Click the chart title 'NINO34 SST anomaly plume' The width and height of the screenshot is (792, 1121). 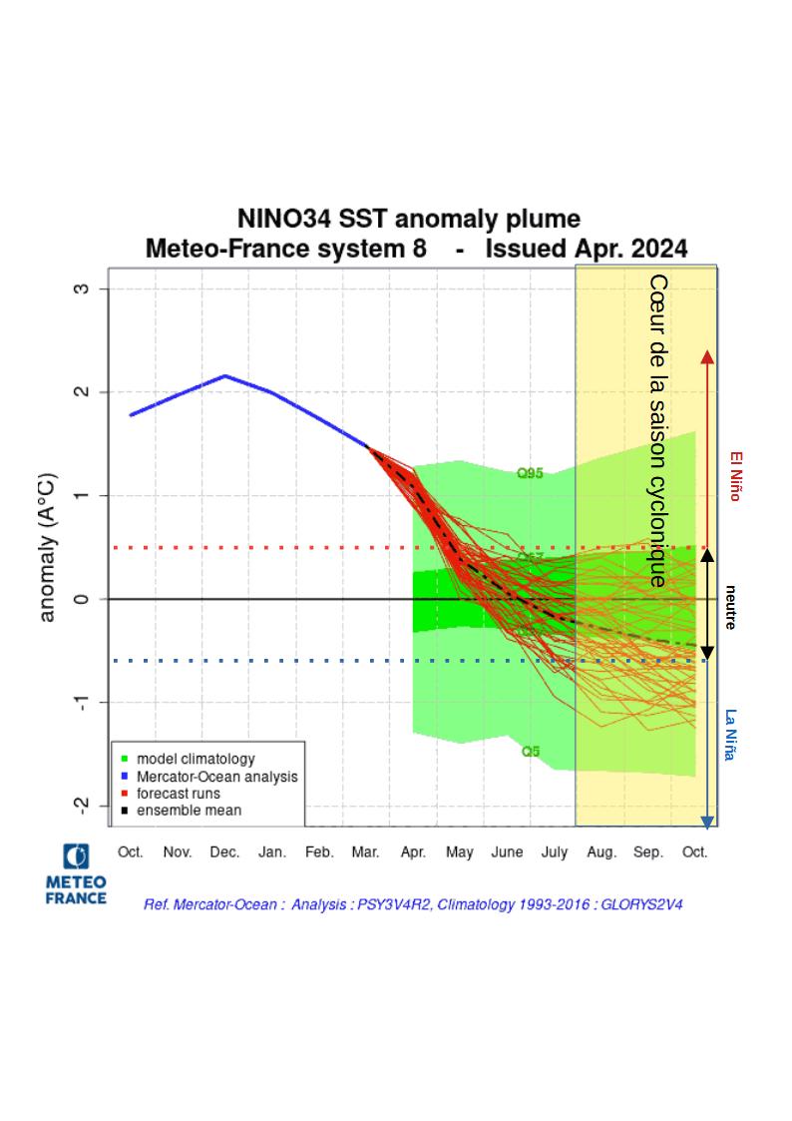408,219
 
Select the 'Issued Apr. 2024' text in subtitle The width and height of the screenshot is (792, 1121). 587,248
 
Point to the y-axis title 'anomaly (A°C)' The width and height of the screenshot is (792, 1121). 47,548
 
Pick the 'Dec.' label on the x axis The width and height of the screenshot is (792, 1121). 224,852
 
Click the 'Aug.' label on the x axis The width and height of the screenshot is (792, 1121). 600,852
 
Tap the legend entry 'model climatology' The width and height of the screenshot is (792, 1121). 195,759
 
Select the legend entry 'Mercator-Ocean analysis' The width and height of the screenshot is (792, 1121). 215,776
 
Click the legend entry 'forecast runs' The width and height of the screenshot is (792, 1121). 178,793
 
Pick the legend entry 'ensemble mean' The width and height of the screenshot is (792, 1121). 188,810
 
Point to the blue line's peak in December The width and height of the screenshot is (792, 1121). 225,376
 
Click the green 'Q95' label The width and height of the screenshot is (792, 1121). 530,473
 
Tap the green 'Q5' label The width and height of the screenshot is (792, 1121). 531,751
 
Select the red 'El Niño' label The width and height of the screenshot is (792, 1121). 735,475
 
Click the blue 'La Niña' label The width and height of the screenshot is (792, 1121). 731,736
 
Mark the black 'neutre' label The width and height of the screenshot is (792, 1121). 731,606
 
